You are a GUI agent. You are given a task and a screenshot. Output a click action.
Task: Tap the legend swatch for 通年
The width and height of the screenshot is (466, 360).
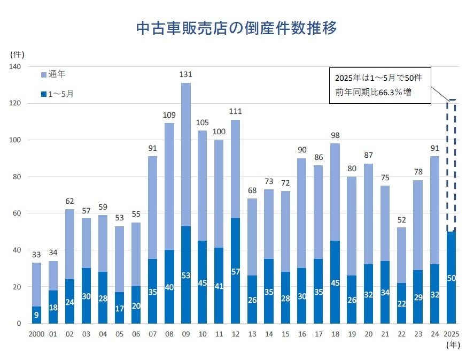pyautogui.click(x=44, y=75)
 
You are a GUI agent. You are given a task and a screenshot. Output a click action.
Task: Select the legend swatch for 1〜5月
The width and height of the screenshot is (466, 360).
pyautogui.click(x=44, y=94)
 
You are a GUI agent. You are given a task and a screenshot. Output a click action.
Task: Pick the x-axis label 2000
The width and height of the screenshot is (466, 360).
pyautogui.click(x=36, y=334)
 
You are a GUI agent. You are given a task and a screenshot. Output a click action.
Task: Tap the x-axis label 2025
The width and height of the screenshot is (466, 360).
pyautogui.click(x=452, y=334)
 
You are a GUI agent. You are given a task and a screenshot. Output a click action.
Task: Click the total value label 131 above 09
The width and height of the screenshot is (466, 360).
pyautogui.click(x=185, y=75)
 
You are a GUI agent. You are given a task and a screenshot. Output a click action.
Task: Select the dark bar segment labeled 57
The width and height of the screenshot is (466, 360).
pyautogui.click(x=235, y=271)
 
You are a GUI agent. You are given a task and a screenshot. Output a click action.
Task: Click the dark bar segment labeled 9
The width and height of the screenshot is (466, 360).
pyautogui.click(x=36, y=315)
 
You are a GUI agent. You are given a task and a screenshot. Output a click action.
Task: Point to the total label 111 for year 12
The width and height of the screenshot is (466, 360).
pyautogui.click(x=235, y=112)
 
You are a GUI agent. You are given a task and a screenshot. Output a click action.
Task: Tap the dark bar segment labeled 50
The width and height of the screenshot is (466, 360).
pyautogui.click(x=452, y=277)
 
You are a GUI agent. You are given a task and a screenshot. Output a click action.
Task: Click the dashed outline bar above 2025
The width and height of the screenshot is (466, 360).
pyautogui.click(x=452, y=166)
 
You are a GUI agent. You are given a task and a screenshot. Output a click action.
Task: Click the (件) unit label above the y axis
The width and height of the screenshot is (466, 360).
pyautogui.click(x=17, y=54)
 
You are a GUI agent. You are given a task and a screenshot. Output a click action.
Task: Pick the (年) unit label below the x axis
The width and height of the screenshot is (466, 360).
pyautogui.click(x=452, y=345)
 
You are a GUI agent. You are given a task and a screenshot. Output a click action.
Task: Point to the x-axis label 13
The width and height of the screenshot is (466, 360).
pyautogui.click(x=252, y=334)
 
